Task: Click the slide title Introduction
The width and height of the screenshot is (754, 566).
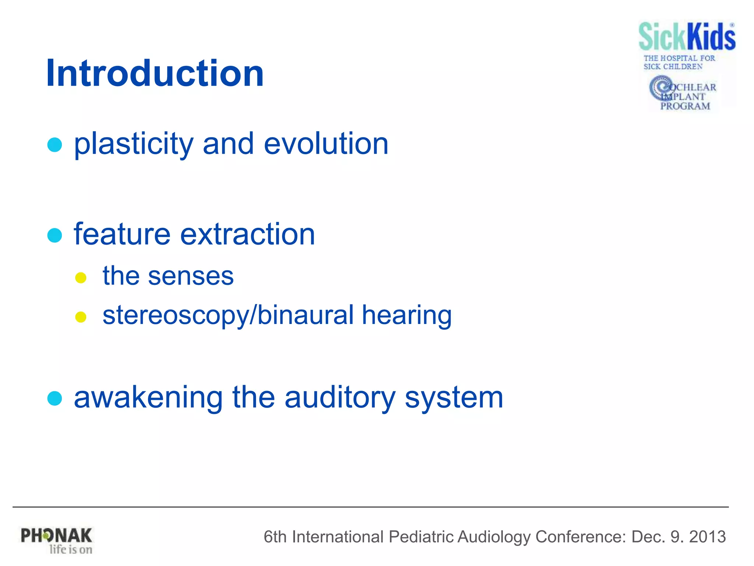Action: tap(155, 73)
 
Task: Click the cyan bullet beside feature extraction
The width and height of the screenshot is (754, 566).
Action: tap(55, 235)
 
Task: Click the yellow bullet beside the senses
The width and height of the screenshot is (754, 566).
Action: tap(81, 277)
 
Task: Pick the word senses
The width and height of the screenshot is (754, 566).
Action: tap(191, 276)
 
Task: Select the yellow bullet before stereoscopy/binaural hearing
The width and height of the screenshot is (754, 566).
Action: tap(81, 317)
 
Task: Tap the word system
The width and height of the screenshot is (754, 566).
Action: tap(454, 398)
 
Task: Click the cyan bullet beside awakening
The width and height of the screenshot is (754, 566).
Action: tap(55, 398)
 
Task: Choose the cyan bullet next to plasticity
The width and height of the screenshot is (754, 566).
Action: tap(55, 145)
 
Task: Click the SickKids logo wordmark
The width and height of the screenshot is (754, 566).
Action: tap(687, 36)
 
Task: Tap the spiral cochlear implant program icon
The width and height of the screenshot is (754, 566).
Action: tap(661, 87)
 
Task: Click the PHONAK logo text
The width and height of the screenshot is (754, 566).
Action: tap(56, 535)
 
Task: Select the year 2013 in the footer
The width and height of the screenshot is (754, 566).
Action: tap(707, 537)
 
